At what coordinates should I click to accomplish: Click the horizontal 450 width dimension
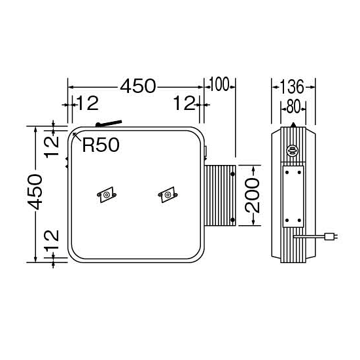[138, 86]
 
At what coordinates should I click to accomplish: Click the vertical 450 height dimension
[35, 192]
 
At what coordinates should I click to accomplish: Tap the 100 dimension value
[219, 84]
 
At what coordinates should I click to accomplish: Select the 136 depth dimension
[292, 87]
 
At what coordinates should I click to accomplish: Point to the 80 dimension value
[293, 107]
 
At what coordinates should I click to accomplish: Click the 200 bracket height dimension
[252, 196]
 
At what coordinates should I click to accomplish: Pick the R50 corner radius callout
[101, 145]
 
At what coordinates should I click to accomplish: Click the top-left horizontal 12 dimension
[88, 103]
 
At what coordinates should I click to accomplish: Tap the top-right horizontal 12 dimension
[185, 103]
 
